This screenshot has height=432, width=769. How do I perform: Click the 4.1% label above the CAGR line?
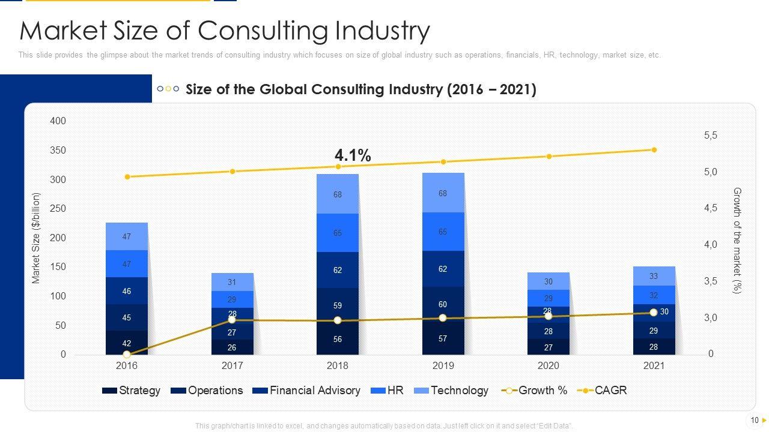[x=353, y=155]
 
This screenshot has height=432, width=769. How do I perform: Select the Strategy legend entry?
[x=132, y=391]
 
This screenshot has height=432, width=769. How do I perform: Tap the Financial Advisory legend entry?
[x=306, y=391]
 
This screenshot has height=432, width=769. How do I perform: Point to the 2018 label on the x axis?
[x=338, y=365]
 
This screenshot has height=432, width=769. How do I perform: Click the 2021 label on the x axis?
[x=654, y=365]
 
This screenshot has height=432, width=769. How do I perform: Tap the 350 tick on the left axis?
[x=58, y=151]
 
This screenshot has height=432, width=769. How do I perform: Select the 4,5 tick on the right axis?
[x=710, y=208]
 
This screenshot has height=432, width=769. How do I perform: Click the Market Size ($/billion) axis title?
[x=36, y=238]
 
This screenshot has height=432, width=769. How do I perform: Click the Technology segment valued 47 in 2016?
[x=127, y=236]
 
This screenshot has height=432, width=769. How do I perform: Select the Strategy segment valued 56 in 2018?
[x=338, y=339]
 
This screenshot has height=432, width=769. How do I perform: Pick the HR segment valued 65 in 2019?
[x=443, y=232]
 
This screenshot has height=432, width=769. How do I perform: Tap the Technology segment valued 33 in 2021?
[x=654, y=277]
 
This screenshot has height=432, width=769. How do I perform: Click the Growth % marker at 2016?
[x=127, y=355]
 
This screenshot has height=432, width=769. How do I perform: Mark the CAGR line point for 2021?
[x=654, y=150]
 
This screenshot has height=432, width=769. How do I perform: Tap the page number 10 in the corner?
[x=755, y=420]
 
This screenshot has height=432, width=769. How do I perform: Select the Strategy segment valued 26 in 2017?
[x=232, y=347]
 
